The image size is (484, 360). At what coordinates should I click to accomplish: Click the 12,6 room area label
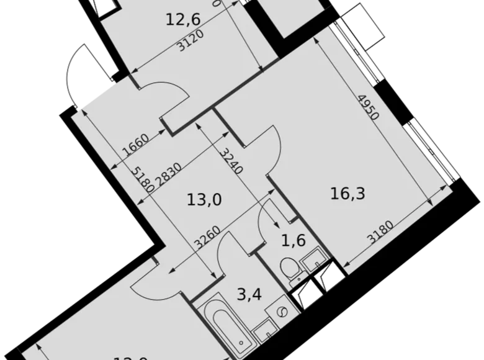coord(183,20)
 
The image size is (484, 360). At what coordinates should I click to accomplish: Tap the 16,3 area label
coord(347,193)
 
